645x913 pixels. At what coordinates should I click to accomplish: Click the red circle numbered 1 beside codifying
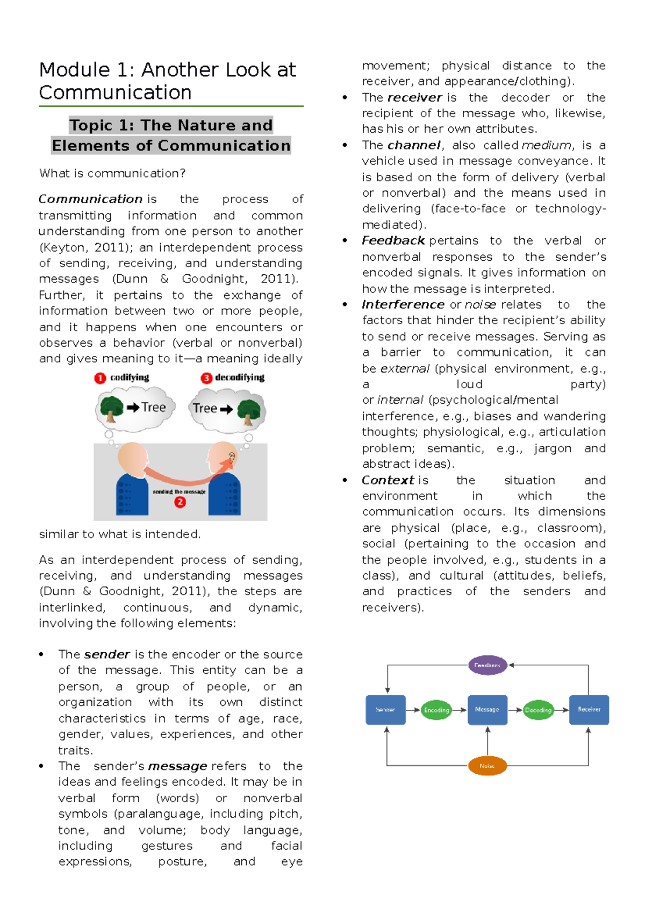[100, 378]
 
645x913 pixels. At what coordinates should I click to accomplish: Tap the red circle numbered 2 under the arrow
[180, 502]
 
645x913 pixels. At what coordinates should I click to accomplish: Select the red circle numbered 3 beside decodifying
[206, 378]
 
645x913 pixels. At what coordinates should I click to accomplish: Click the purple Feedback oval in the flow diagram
[488, 665]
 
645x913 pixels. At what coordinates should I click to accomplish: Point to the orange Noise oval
[487, 766]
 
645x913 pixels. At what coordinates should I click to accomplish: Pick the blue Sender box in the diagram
[385, 710]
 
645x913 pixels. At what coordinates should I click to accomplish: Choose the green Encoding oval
[436, 710]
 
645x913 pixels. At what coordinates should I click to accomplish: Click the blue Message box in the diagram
[487, 710]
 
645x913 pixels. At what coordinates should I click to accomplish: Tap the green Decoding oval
[538, 710]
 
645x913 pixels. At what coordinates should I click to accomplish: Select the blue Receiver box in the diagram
[589, 710]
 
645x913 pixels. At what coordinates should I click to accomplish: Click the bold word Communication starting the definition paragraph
[90, 199]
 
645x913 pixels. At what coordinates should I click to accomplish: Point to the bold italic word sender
[107, 654]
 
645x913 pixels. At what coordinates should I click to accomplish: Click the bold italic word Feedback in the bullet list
[393, 240]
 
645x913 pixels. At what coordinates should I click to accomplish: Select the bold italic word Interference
[403, 304]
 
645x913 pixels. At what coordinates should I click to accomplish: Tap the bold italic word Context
[388, 480]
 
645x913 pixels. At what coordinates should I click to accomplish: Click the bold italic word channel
[414, 145]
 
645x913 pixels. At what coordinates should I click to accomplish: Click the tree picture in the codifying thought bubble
[111, 409]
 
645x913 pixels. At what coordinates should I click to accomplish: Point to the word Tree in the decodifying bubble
[205, 408]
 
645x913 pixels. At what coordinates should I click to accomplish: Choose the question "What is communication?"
[112, 173]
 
